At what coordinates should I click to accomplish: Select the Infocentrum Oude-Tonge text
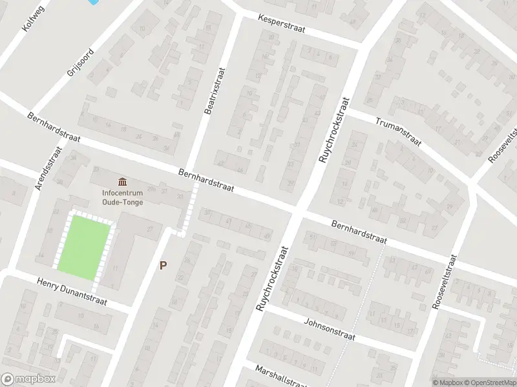(x=122, y=197)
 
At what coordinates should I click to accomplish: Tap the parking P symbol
(x=163, y=265)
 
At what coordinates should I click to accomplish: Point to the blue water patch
(x=94, y=3)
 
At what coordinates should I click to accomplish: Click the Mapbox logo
(x=28, y=379)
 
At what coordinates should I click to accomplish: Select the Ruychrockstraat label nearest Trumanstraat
(x=333, y=129)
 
